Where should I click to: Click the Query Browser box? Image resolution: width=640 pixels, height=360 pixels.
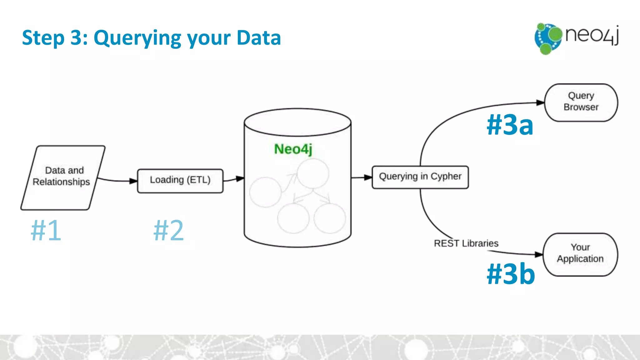pos(581,102)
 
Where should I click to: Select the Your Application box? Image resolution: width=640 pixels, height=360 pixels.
pos(580,254)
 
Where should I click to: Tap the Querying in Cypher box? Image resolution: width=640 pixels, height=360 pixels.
pos(420,177)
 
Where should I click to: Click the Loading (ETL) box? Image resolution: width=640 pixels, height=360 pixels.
pos(180,181)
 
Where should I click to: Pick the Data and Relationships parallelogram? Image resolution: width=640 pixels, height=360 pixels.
pos(62,177)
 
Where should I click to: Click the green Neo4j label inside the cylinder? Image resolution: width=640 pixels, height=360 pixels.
pos(293,149)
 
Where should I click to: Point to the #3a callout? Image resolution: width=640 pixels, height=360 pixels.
pos(510,125)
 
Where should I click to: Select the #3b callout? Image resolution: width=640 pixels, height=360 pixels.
pos(511,273)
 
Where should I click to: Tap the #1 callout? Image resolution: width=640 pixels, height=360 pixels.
pos(46,230)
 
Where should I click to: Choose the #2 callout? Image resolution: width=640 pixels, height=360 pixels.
pos(169,230)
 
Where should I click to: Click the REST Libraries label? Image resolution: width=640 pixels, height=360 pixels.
pos(466,243)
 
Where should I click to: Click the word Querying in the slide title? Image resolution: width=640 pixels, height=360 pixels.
pos(137,38)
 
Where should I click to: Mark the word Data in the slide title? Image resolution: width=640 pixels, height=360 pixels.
pos(259,37)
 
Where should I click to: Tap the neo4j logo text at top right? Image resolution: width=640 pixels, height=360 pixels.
pos(592,35)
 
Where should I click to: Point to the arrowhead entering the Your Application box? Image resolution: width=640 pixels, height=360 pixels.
pos(539,254)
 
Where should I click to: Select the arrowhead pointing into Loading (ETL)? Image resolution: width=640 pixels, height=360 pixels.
pos(133,181)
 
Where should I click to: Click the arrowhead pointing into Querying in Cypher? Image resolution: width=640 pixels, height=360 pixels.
pos(368,177)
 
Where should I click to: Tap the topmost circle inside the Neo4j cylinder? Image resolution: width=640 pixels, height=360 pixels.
pos(313,173)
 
